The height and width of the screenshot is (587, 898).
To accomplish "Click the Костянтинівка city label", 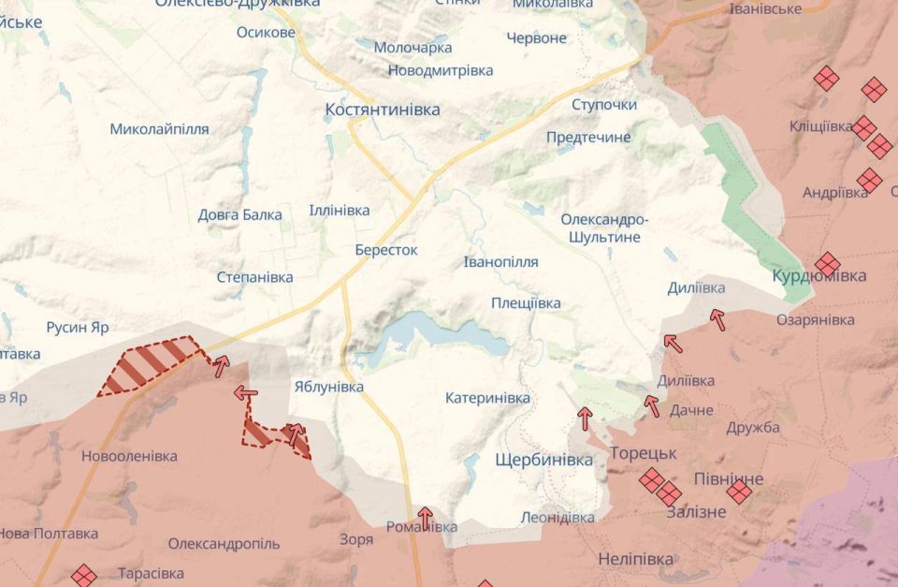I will [382, 110].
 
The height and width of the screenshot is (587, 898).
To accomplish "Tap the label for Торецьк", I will [643, 453].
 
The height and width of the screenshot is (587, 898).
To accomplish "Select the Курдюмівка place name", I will [818, 276].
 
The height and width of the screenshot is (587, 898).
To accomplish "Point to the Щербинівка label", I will [543, 461].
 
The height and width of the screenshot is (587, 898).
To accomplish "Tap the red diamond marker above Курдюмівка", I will [827, 264].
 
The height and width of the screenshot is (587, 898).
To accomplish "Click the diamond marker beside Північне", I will [739, 492].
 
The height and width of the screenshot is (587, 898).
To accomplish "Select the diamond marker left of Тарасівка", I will [84, 575].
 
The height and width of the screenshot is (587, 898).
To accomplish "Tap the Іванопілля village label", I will [500, 262].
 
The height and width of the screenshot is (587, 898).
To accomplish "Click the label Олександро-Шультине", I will [604, 228].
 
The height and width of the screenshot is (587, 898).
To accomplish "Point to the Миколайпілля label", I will [159, 129].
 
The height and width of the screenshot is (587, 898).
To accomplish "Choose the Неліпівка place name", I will [635, 559].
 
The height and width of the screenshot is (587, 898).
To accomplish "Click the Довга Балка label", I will [239, 215].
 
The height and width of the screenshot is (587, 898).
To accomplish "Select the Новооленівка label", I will [129, 457].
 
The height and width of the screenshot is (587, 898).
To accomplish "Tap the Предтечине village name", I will [588, 138].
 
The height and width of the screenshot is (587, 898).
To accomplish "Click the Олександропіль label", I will [224, 544].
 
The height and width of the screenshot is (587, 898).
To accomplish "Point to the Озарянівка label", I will [815, 320].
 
